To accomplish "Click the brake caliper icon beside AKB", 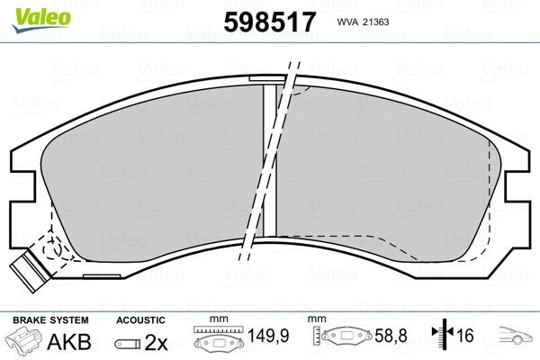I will click(26, 340).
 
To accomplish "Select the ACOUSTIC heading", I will click(139, 319).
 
